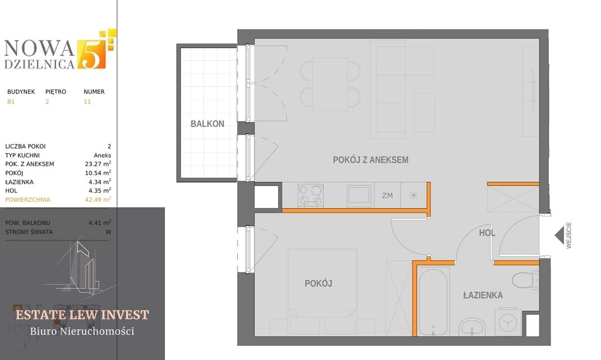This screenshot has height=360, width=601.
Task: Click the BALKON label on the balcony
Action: (207, 124)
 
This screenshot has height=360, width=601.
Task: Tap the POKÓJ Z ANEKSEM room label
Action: (371, 160)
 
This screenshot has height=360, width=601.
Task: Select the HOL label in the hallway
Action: (487, 233)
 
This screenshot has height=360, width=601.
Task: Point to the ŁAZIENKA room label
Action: (483, 295)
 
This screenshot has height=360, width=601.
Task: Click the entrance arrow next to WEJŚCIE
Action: (560, 235)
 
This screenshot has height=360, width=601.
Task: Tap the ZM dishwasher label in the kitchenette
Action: (387, 196)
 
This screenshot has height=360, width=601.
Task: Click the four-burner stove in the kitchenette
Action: (310, 196)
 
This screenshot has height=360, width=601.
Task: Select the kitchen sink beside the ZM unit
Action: (359, 196)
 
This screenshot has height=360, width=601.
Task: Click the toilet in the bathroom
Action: (525, 280)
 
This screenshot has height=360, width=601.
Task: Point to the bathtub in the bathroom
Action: (434, 302)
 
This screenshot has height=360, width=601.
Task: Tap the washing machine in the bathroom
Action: (508, 321)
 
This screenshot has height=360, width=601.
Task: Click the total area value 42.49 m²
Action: (98, 199)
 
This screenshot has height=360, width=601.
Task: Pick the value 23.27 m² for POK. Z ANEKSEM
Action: (98, 164)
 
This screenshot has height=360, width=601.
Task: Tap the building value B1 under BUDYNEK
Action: (11, 102)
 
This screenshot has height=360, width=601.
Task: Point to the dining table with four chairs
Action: (330, 84)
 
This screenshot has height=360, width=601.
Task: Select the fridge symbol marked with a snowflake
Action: (413, 196)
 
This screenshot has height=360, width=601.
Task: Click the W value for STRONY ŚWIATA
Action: (109, 232)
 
